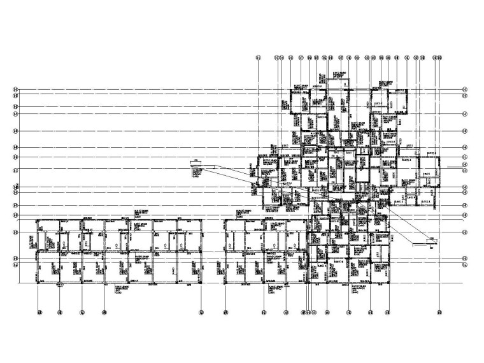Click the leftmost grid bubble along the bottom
point(39,312)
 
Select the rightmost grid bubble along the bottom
point(440,312)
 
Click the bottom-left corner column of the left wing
point(39,281)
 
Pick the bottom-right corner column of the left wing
point(201,281)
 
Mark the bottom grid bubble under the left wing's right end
point(201,312)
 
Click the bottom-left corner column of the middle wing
point(226,281)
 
